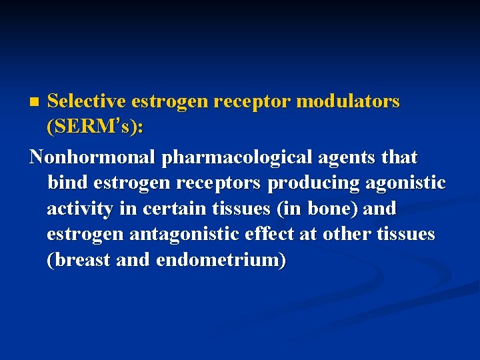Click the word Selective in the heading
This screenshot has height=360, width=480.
[x=87, y=101]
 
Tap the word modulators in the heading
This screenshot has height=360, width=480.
[x=347, y=101]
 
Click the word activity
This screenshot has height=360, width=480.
[x=79, y=209]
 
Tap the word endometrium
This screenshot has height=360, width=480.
[x=220, y=260]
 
